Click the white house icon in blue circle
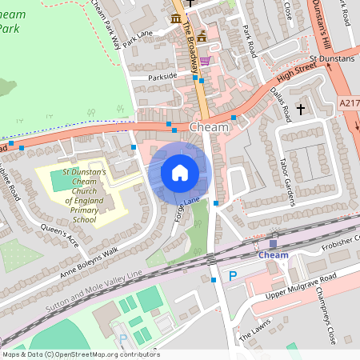[180, 172]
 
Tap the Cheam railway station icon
[274, 243]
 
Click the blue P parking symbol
[234, 276]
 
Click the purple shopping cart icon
[205, 60]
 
